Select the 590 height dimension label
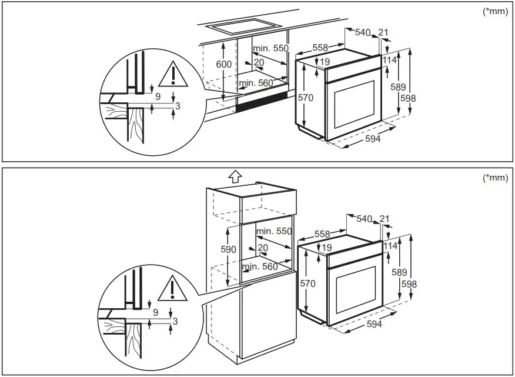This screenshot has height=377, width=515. (x=229, y=249)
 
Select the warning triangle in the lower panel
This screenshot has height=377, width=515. (x=171, y=288)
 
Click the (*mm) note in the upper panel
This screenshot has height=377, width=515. (x=494, y=12)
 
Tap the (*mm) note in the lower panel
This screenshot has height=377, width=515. (x=494, y=178)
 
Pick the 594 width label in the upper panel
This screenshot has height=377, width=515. (x=373, y=139)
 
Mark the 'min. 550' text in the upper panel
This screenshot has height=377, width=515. (x=270, y=48)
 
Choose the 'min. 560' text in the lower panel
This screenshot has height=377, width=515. (x=259, y=266)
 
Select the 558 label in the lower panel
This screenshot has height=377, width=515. (x=322, y=234)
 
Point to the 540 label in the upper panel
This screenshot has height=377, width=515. (x=362, y=32)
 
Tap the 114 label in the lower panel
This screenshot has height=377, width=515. (x=390, y=246)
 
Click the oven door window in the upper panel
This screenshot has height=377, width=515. (x=354, y=104)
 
